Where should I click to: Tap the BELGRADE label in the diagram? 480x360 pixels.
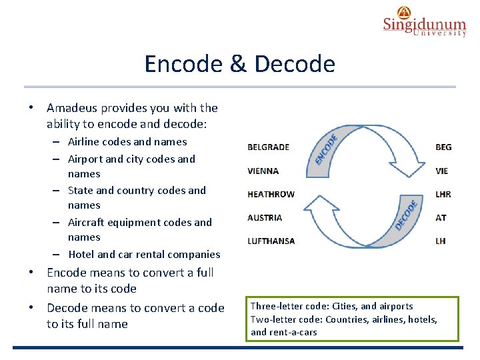click(268, 147)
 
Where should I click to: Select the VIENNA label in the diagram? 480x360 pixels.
click(263, 171)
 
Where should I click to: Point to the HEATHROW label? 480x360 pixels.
click(271, 194)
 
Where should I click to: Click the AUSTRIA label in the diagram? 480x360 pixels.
click(264, 217)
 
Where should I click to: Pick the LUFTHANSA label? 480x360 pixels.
click(271, 241)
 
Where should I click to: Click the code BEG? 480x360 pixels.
click(443, 147)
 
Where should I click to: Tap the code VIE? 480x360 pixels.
click(441, 171)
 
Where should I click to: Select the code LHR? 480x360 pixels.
click(443, 194)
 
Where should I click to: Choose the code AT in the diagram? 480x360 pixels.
click(441, 217)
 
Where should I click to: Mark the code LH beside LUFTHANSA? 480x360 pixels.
click(441, 241)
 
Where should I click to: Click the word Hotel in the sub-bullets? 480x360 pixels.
click(81, 254)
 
